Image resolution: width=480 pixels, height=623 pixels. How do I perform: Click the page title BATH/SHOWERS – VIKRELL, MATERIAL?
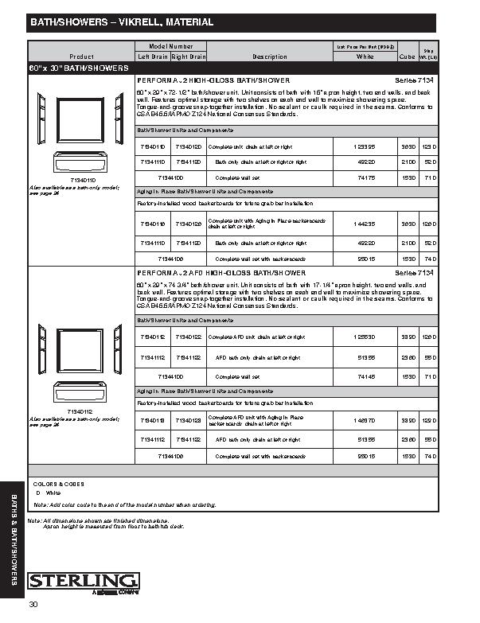click(x=121, y=22)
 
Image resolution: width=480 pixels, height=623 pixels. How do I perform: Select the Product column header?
click(x=81, y=57)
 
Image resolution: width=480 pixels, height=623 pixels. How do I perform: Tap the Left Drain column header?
click(x=152, y=57)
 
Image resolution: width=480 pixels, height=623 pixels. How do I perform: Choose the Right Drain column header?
click(x=189, y=57)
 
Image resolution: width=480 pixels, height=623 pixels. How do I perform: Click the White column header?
click(x=365, y=57)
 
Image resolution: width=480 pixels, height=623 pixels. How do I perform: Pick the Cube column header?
click(x=407, y=57)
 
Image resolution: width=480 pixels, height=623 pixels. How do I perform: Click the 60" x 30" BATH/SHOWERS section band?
click(x=80, y=69)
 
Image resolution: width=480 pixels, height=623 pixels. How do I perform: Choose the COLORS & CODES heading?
click(x=58, y=484)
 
